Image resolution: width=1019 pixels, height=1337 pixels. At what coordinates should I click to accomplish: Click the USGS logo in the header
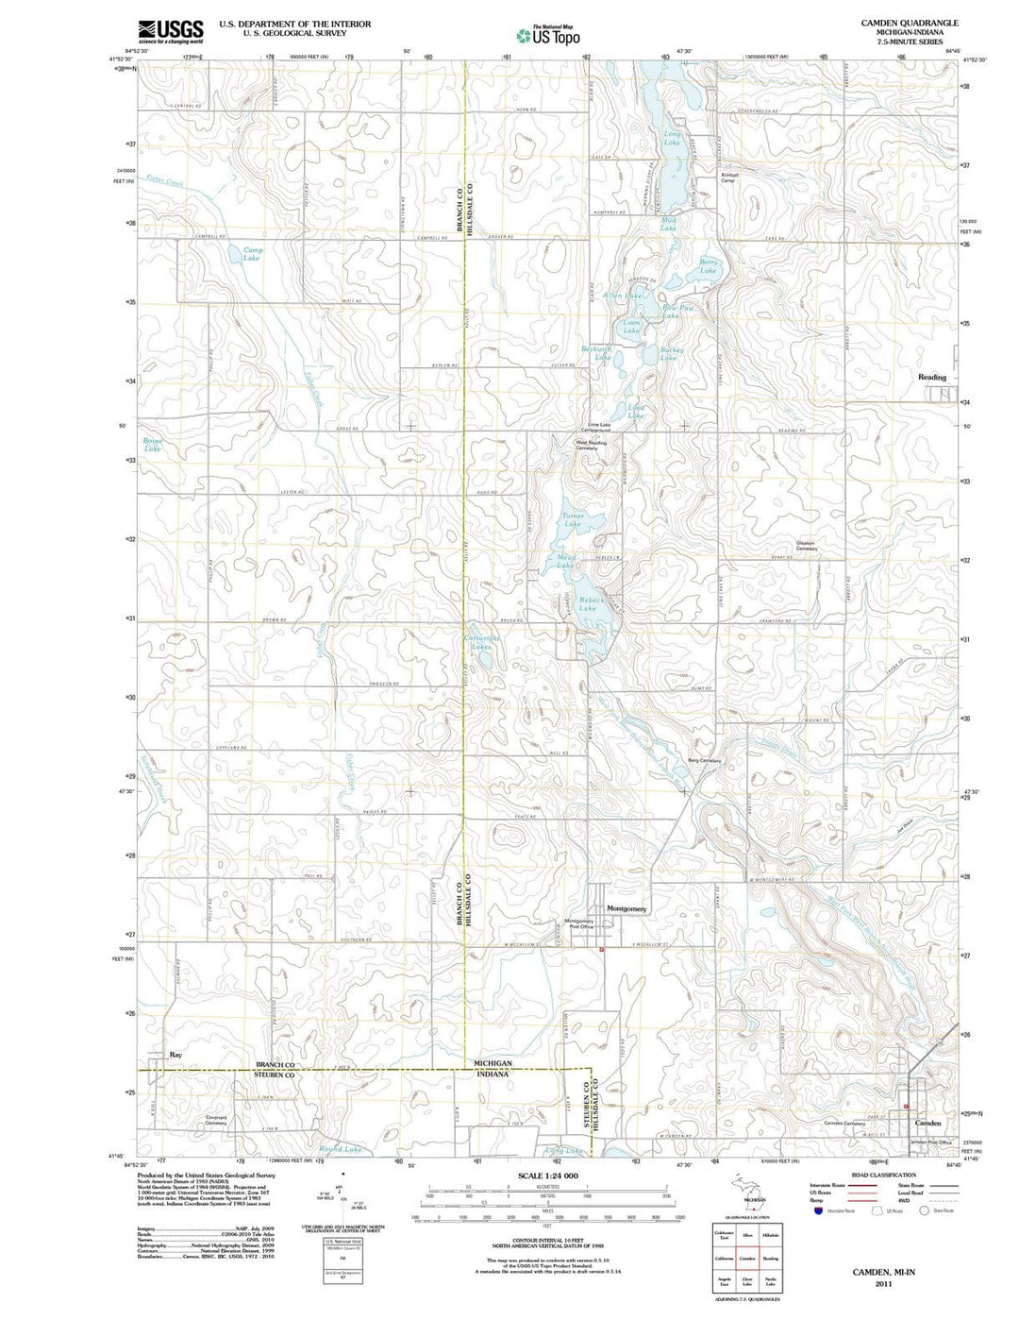click(171, 32)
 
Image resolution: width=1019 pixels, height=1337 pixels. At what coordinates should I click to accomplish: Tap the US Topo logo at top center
click(547, 35)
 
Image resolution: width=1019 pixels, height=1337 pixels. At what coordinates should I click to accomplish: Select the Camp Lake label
click(252, 254)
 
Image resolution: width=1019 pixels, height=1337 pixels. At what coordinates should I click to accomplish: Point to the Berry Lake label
click(708, 266)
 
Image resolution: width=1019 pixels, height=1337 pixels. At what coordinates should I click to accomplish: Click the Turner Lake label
click(573, 519)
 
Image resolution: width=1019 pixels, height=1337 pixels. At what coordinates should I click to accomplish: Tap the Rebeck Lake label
click(589, 603)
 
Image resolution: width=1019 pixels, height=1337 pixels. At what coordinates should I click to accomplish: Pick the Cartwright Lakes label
click(482, 642)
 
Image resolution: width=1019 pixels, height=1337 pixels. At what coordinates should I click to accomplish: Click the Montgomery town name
click(626, 908)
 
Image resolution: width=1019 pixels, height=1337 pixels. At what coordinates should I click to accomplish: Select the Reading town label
click(931, 377)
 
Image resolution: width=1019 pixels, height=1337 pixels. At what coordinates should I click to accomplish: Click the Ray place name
click(175, 1054)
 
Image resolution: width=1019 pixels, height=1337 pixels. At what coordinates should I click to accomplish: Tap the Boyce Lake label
click(153, 444)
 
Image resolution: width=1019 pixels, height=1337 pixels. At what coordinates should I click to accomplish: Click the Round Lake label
click(340, 1149)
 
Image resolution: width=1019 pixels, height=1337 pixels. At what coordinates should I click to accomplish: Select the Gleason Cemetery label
click(805, 545)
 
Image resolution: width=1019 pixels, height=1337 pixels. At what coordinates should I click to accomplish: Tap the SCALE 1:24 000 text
click(547, 1176)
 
